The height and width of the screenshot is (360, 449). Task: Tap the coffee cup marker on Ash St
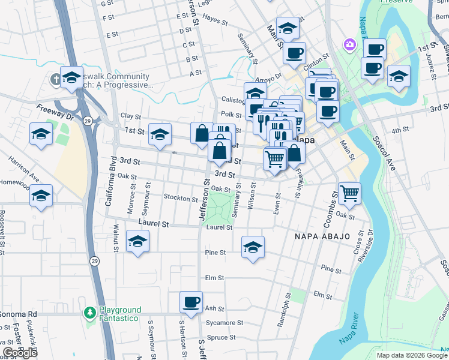pyautogui.click(x=191, y=302)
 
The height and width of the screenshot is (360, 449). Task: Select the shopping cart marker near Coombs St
pyautogui.click(x=349, y=193)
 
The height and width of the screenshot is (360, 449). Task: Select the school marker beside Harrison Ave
pyautogui.click(x=41, y=196)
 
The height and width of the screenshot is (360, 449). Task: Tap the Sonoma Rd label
pyautogui.click(x=19, y=314)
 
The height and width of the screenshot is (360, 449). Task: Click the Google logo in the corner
pyautogui.click(x=20, y=353)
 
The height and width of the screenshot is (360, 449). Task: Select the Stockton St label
pyautogui.click(x=180, y=198)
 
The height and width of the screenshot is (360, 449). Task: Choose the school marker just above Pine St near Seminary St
pyautogui.click(x=253, y=246)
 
